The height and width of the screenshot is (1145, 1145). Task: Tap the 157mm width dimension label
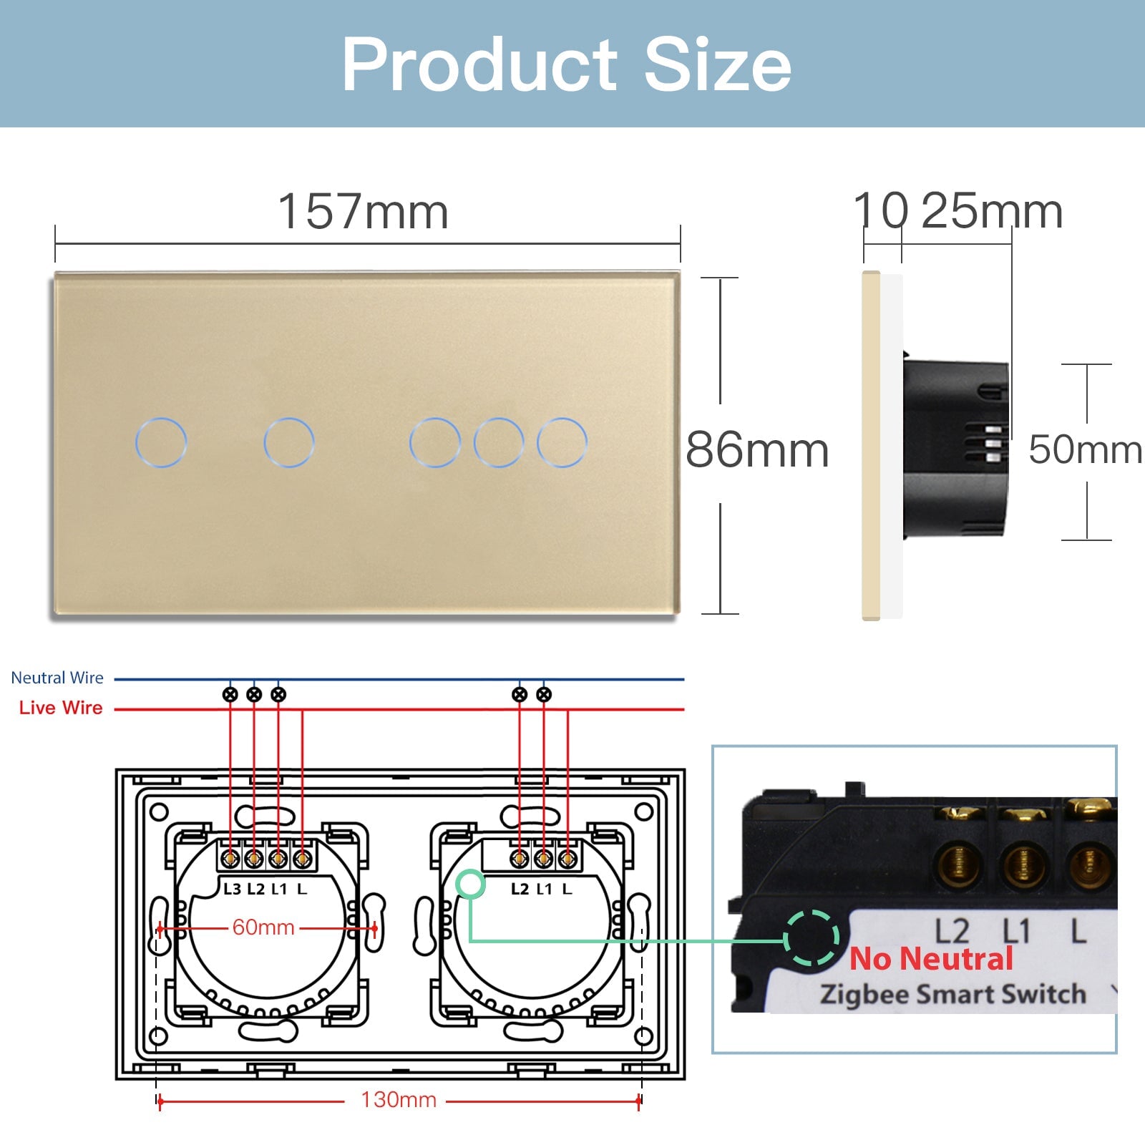point(363,212)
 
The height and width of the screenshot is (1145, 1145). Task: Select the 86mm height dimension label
point(757,450)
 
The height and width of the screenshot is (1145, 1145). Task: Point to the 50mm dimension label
point(1085,450)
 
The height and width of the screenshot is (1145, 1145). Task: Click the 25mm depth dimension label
point(991,212)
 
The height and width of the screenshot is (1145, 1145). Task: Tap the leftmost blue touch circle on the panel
point(161,442)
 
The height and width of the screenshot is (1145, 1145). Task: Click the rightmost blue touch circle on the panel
point(562,442)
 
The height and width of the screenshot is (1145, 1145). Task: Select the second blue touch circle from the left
point(289,442)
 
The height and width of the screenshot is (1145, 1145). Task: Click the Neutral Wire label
point(57,678)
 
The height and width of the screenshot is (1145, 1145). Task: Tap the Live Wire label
point(61,708)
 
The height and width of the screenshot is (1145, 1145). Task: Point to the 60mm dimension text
point(263,927)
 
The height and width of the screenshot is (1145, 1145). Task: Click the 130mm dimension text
point(399,1100)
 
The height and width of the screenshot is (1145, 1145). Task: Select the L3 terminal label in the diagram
point(232,890)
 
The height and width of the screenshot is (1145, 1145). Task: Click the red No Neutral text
point(931,959)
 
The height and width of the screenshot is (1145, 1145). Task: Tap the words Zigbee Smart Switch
point(952,995)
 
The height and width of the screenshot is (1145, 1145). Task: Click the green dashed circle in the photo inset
point(811,938)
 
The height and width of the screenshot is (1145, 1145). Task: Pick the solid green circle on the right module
point(471,885)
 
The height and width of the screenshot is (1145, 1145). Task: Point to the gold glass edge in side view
point(871,444)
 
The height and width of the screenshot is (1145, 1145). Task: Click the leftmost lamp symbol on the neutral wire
point(230,694)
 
